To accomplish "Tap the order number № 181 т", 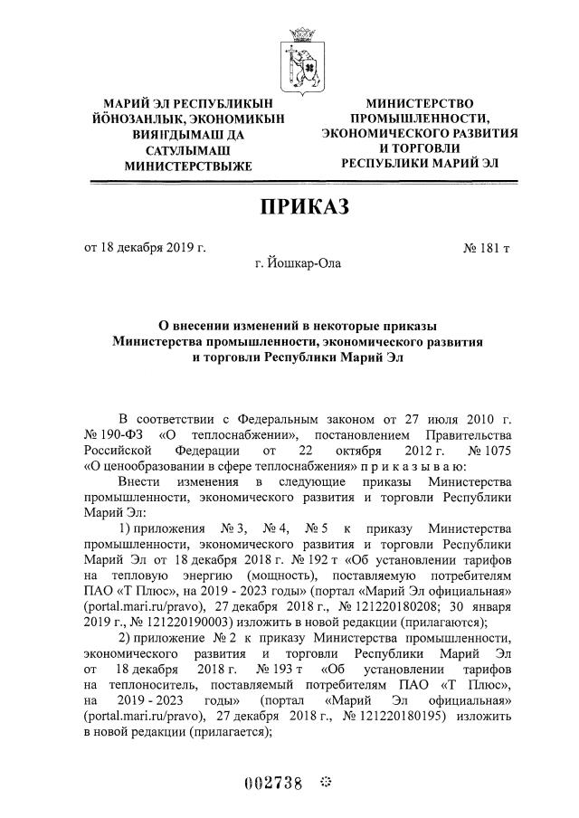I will point(489,248).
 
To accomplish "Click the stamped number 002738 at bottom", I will point(275,784).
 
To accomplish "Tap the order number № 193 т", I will point(266,670).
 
